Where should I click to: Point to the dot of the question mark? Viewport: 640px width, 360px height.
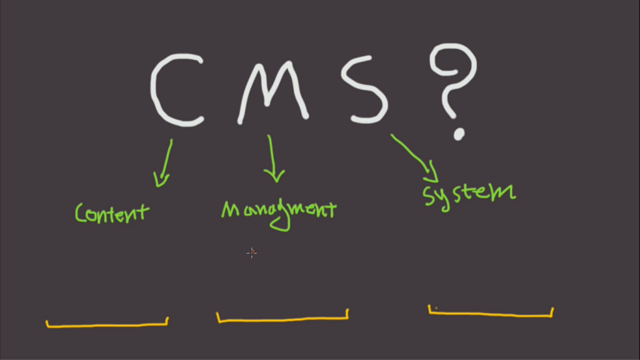459,133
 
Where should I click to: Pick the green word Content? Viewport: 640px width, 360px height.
112,212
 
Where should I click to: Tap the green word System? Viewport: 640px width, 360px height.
469,192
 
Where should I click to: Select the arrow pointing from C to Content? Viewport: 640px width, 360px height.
165,162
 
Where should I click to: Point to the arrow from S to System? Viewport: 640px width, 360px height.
412,154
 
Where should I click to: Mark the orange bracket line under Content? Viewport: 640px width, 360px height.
107,324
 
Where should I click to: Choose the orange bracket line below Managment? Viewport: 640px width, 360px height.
282,319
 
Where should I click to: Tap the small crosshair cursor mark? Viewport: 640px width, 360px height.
251,252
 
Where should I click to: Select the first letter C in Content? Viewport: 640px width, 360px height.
80,213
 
